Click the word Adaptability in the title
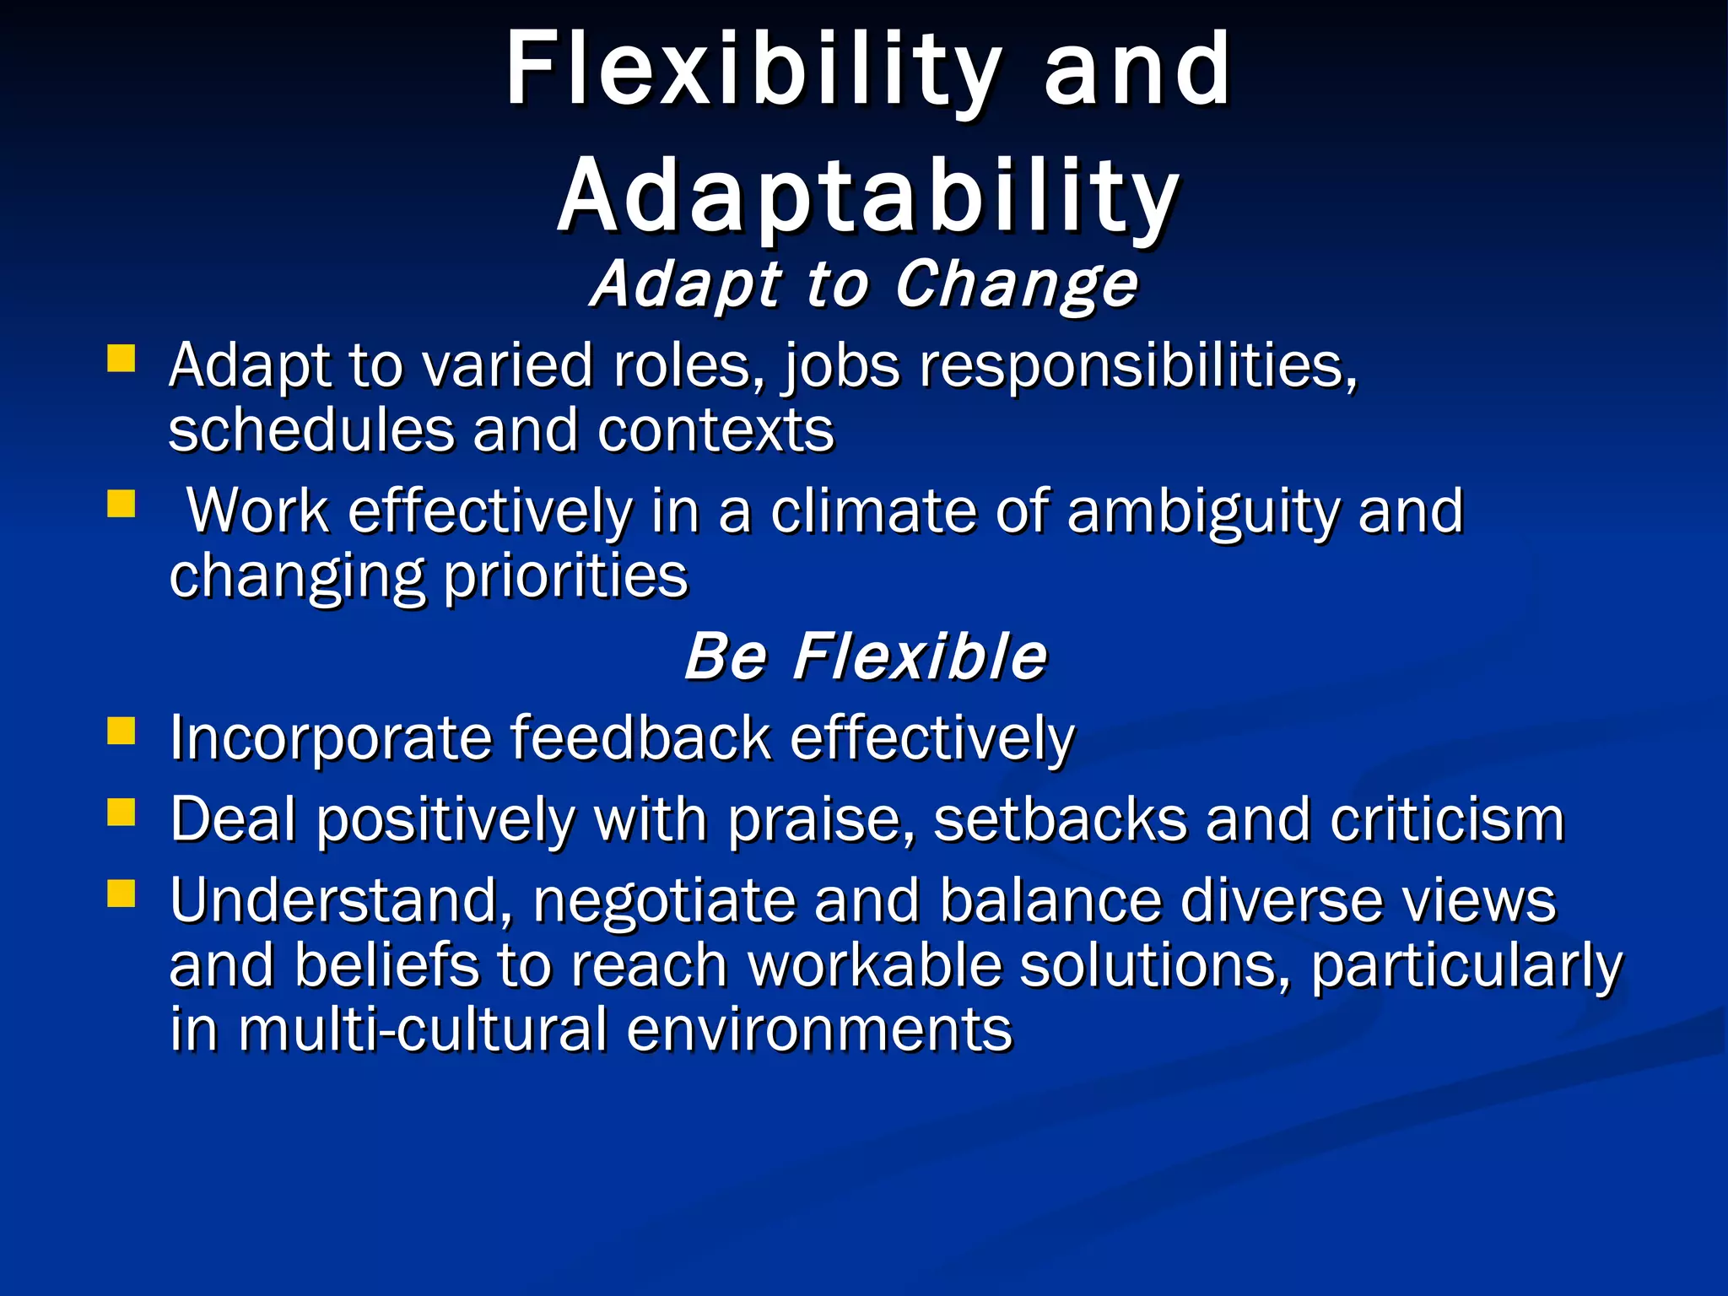(x=868, y=197)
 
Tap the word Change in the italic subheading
(x=1016, y=284)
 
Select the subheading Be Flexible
(x=866, y=656)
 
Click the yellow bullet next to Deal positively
(x=121, y=813)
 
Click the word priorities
(x=565, y=577)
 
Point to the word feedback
(x=640, y=738)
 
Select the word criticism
(x=1447, y=820)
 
